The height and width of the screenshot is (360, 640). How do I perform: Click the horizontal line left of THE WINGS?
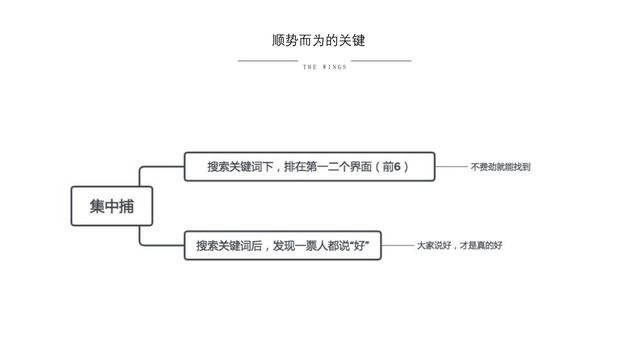click(268, 61)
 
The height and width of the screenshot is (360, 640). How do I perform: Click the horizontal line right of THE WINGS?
click(381, 61)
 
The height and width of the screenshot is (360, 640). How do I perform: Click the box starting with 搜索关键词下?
click(310, 166)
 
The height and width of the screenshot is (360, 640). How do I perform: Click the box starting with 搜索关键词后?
click(285, 246)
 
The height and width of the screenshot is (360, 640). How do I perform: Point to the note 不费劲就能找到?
click(500, 167)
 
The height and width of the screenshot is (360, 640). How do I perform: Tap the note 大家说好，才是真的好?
click(459, 245)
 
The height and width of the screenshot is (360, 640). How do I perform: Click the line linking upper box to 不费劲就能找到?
click(452, 166)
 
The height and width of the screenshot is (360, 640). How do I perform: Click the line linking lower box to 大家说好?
click(400, 245)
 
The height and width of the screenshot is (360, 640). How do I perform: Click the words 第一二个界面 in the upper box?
click(335, 166)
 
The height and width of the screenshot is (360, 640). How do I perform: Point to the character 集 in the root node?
click(96, 207)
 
